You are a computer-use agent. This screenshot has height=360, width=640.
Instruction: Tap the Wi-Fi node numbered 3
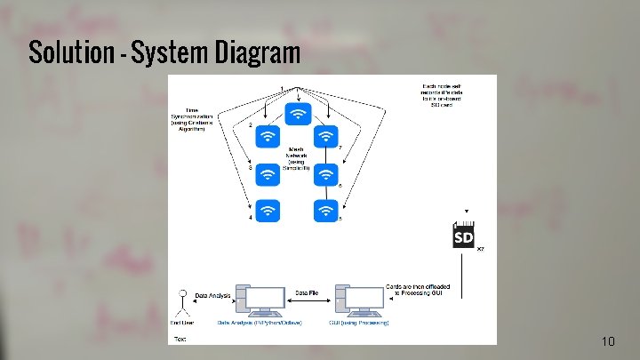tap(269, 173)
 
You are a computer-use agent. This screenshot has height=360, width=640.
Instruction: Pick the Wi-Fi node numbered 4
tap(269, 210)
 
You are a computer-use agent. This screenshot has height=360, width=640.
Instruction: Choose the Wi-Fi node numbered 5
tap(326, 210)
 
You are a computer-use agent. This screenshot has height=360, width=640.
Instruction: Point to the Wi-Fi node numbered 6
tap(326, 173)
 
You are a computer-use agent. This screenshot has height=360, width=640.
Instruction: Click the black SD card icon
tap(464, 237)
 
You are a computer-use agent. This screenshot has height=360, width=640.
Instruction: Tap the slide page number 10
tap(608, 341)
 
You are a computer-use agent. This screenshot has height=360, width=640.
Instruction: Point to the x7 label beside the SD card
tap(481, 250)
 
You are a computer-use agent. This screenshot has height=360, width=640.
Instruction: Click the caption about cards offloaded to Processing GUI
tap(419, 292)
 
